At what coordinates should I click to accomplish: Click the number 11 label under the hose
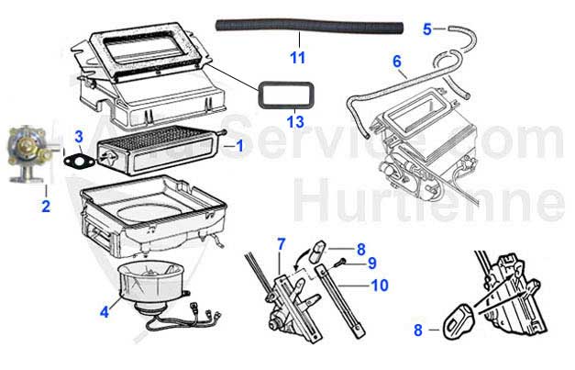point(297,59)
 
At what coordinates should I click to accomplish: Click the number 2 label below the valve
point(45,206)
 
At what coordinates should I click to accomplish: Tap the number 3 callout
point(80,138)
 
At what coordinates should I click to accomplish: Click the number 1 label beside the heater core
point(240,145)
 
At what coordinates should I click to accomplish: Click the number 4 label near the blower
point(105,312)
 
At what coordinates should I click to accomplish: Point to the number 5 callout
point(426,28)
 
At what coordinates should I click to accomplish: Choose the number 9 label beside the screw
point(372,263)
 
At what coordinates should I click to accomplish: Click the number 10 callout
point(379,285)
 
